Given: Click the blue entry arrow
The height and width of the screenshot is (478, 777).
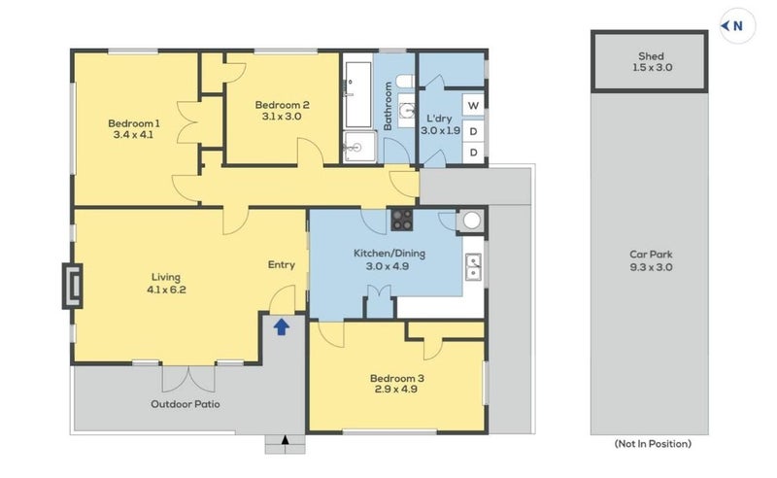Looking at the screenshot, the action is (282, 326).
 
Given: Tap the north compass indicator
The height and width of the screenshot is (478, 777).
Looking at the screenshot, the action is (737, 26).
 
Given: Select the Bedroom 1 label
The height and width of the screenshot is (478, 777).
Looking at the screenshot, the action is (134, 123).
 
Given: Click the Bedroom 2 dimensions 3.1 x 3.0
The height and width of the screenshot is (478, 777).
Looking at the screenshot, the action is (282, 117).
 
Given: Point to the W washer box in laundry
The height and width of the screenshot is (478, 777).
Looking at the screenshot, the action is (473, 105).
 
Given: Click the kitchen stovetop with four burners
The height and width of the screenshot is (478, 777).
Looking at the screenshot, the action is (402, 220).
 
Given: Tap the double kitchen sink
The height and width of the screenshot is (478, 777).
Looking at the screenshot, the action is (474, 267).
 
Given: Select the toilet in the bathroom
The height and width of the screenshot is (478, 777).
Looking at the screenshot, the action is (405, 81).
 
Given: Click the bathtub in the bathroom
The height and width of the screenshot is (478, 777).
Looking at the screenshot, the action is (357, 94).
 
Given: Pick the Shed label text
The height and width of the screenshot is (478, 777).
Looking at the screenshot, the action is (651, 56).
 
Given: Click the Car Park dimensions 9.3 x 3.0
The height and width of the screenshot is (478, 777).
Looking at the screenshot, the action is (651, 267).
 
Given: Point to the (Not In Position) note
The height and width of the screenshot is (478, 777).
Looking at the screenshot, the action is (653, 444).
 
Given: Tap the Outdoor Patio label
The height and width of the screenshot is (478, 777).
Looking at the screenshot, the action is (186, 404).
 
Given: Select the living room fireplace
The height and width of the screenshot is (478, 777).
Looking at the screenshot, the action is (72, 286).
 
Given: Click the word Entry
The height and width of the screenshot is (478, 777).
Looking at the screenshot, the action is (282, 265).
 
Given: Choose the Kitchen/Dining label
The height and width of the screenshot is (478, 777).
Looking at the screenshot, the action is (389, 254).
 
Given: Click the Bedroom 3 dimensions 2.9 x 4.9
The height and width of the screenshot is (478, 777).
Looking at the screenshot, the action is (396, 390).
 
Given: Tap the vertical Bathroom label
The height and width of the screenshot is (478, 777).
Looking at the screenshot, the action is (388, 106).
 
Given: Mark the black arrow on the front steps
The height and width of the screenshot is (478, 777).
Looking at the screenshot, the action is (285, 440).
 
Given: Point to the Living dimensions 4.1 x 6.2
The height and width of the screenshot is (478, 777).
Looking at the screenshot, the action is (166, 290).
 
